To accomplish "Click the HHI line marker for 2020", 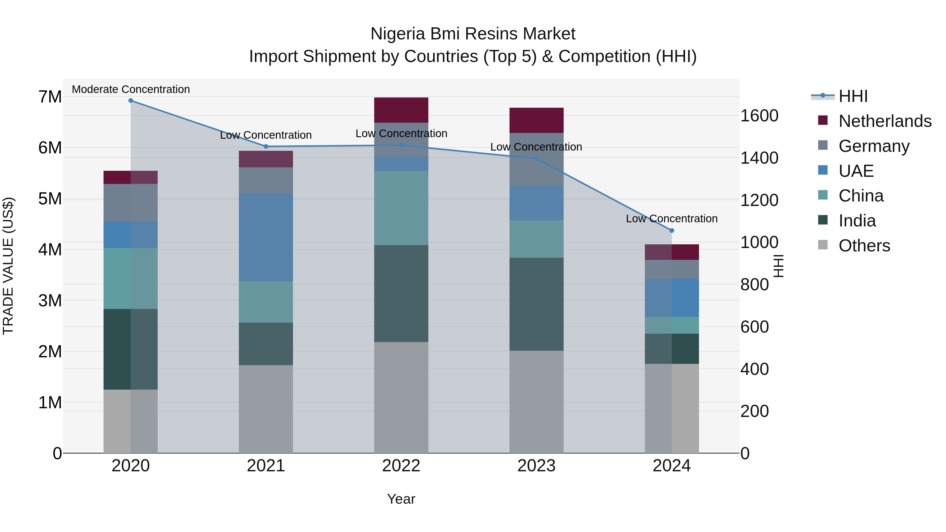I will tap(131, 101).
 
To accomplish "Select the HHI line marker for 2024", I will tap(672, 231).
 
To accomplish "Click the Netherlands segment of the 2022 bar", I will tap(401, 110).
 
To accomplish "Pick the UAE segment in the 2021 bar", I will tap(266, 237).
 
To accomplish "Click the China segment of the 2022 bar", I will tap(401, 208).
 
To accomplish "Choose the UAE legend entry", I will tap(856, 171).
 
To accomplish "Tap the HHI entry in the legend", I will tap(853, 96).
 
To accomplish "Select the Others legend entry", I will tap(864, 246).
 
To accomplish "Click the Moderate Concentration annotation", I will tap(131, 89).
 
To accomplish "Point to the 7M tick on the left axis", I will tap(50, 97).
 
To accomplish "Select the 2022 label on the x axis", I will tap(401, 466).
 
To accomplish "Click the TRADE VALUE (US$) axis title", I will tap(8, 266).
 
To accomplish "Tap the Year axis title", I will tap(401, 499).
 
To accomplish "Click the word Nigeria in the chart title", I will tap(398, 34).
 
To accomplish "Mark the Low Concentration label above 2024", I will tap(672, 219).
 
